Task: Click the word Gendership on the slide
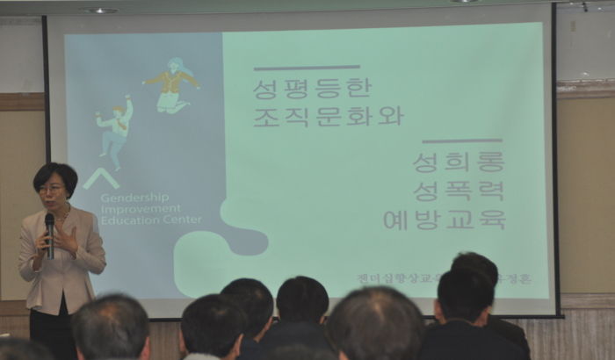tap(134, 197)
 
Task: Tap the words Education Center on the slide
tap(150, 220)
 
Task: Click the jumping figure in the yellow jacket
tap(172, 84)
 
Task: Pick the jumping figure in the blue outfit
tap(115, 130)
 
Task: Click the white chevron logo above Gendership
tap(101, 178)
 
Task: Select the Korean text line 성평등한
tap(312, 88)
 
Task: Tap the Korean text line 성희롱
tap(459, 162)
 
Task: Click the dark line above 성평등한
tap(307, 68)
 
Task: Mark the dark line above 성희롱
tap(462, 140)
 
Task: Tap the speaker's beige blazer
tap(78, 263)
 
